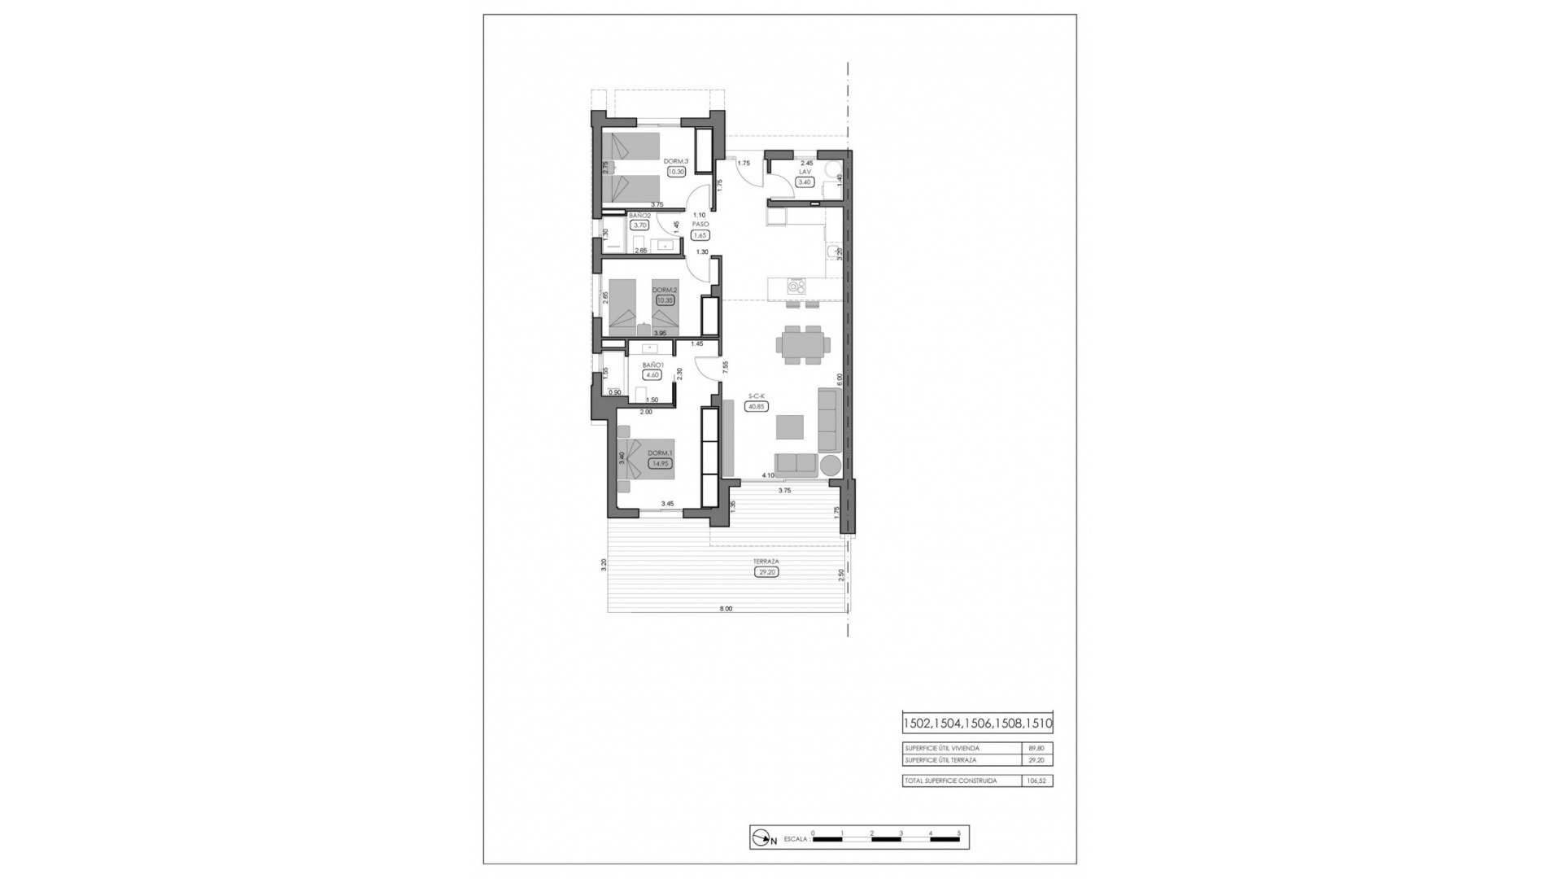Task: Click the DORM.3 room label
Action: click(676, 161)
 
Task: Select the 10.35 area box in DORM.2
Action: click(665, 300)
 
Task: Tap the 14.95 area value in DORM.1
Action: click(659, 464)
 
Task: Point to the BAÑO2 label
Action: click(639, 216)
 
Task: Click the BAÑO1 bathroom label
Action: click(653, 365)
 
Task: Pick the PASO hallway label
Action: click(700, 224)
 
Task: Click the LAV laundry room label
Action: click(805, 172)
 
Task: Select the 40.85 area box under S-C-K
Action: click(757, 406)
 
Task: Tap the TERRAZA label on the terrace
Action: click(766, 562)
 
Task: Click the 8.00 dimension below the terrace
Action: click(726, 609)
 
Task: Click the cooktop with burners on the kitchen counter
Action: click(796, 286)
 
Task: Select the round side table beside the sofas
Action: click(831, 466)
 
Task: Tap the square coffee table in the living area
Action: click(789, 426)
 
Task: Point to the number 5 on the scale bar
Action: click(959, 833)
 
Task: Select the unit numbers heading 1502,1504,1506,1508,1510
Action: click(977, 723)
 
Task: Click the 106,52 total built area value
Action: click(1036, 781)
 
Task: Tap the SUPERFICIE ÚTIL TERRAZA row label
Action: click(940, 760)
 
